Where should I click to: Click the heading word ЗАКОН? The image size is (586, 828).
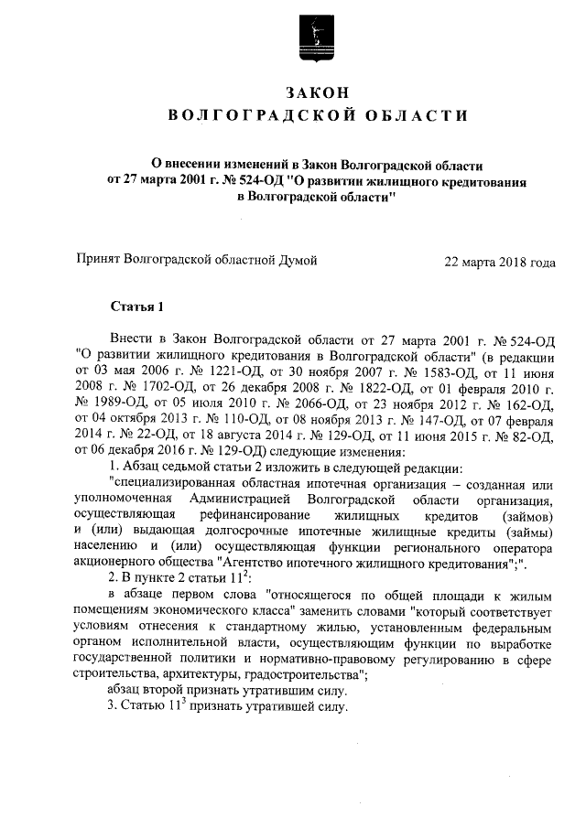pos(318,91)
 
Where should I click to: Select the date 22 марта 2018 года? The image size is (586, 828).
pos(499,262)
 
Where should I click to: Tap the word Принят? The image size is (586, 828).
pos(100,261)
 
